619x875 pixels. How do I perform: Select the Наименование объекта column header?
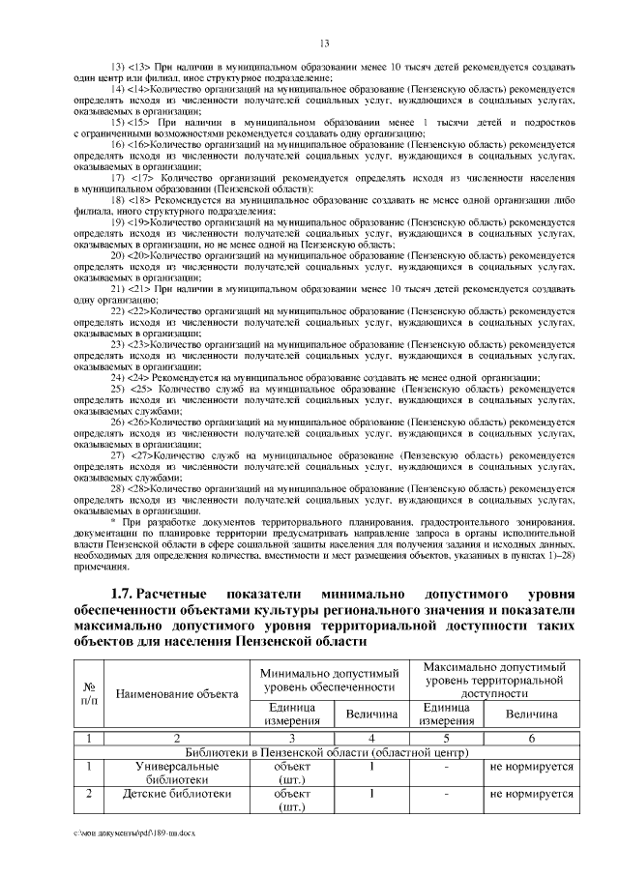[177, 693]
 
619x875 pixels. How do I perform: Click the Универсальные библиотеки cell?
[177, 772]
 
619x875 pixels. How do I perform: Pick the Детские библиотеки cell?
[177, 794]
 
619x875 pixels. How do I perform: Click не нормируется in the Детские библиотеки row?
[531, 794]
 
